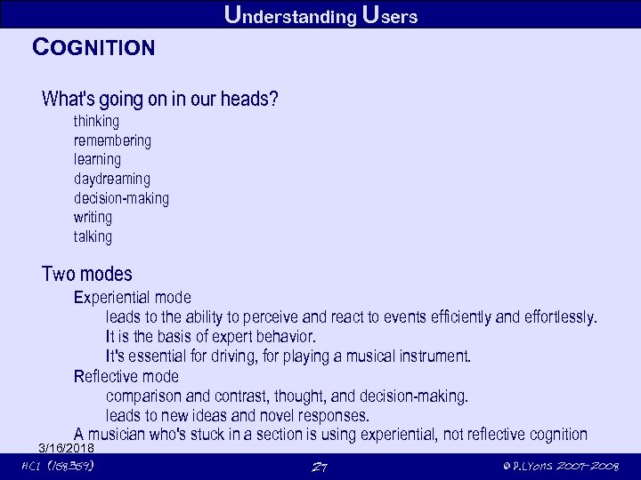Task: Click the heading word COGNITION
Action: (93, 47)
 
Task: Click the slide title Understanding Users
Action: (320, 15)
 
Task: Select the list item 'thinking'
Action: (96, 121)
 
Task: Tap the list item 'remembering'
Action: (112, 140)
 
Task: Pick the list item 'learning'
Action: (97, 160)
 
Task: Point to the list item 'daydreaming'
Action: (112, 179)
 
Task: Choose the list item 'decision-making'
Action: (121, 198)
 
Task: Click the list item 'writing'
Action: (93, 218)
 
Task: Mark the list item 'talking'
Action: (93, 236)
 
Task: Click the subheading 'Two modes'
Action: (87, 274)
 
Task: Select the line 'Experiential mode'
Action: (132, 297)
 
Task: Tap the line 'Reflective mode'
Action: (126, 376)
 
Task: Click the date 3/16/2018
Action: (67, 447)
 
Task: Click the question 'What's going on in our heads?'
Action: (160, 98)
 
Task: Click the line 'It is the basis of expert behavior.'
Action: (210, 337)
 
